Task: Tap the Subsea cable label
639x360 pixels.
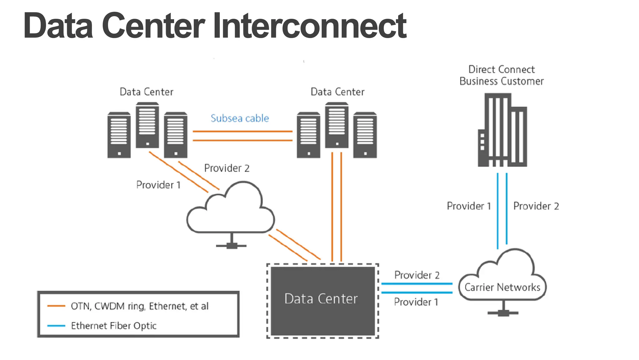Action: (240, 118)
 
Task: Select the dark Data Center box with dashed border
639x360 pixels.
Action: (322, 301)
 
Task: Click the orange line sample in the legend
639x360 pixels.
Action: (56, 306)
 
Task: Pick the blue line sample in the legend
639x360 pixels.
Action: (56, 326)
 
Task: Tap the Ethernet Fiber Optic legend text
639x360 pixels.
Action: (114, 326)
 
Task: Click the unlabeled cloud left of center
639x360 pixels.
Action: (231, 212)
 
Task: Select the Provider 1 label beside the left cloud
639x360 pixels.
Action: (159, 185)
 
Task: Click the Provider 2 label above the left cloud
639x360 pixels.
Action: (227, 168)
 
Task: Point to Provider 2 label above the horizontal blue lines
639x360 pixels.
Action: (417, 275)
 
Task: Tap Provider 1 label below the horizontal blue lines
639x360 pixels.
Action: (416, 302)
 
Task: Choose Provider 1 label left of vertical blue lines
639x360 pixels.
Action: (469, 206)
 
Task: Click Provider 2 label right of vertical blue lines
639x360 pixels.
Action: (536, 206)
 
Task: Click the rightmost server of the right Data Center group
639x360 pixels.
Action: (365, 135)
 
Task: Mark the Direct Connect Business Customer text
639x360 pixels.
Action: (501, 75)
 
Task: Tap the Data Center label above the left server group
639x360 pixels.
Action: (146, 92)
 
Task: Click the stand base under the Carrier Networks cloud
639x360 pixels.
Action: (503, 313)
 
